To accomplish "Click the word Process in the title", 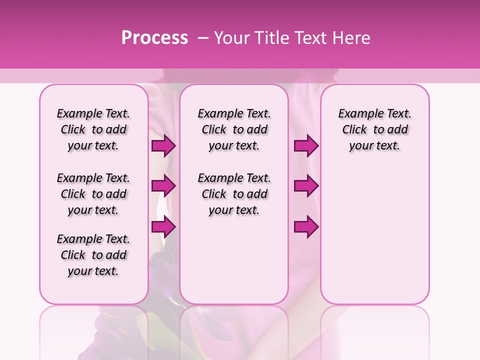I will coord(154,38).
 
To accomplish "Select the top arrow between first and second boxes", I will coord(163,146).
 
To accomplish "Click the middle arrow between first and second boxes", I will coord(163,186).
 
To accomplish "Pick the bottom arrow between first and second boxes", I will coord(163,227).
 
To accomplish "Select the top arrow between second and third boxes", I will coord(306,146).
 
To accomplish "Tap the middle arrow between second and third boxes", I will coord(306,186).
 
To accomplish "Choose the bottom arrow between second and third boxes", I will coord(306,227).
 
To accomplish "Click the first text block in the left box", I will coord(93,129).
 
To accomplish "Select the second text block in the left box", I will coord(93,194).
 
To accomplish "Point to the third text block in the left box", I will coord(93,255).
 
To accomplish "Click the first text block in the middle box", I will coord(234,129).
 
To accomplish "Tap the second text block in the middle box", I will coord(234,194).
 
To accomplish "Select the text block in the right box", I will coord(375,129).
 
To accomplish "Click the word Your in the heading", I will coord(231,38).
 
